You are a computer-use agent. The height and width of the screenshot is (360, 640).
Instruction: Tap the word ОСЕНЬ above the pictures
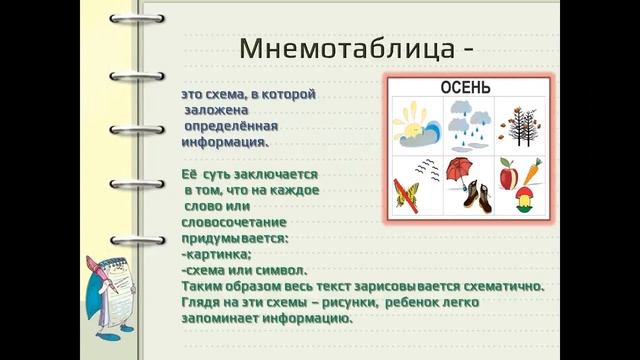pos(466,88)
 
